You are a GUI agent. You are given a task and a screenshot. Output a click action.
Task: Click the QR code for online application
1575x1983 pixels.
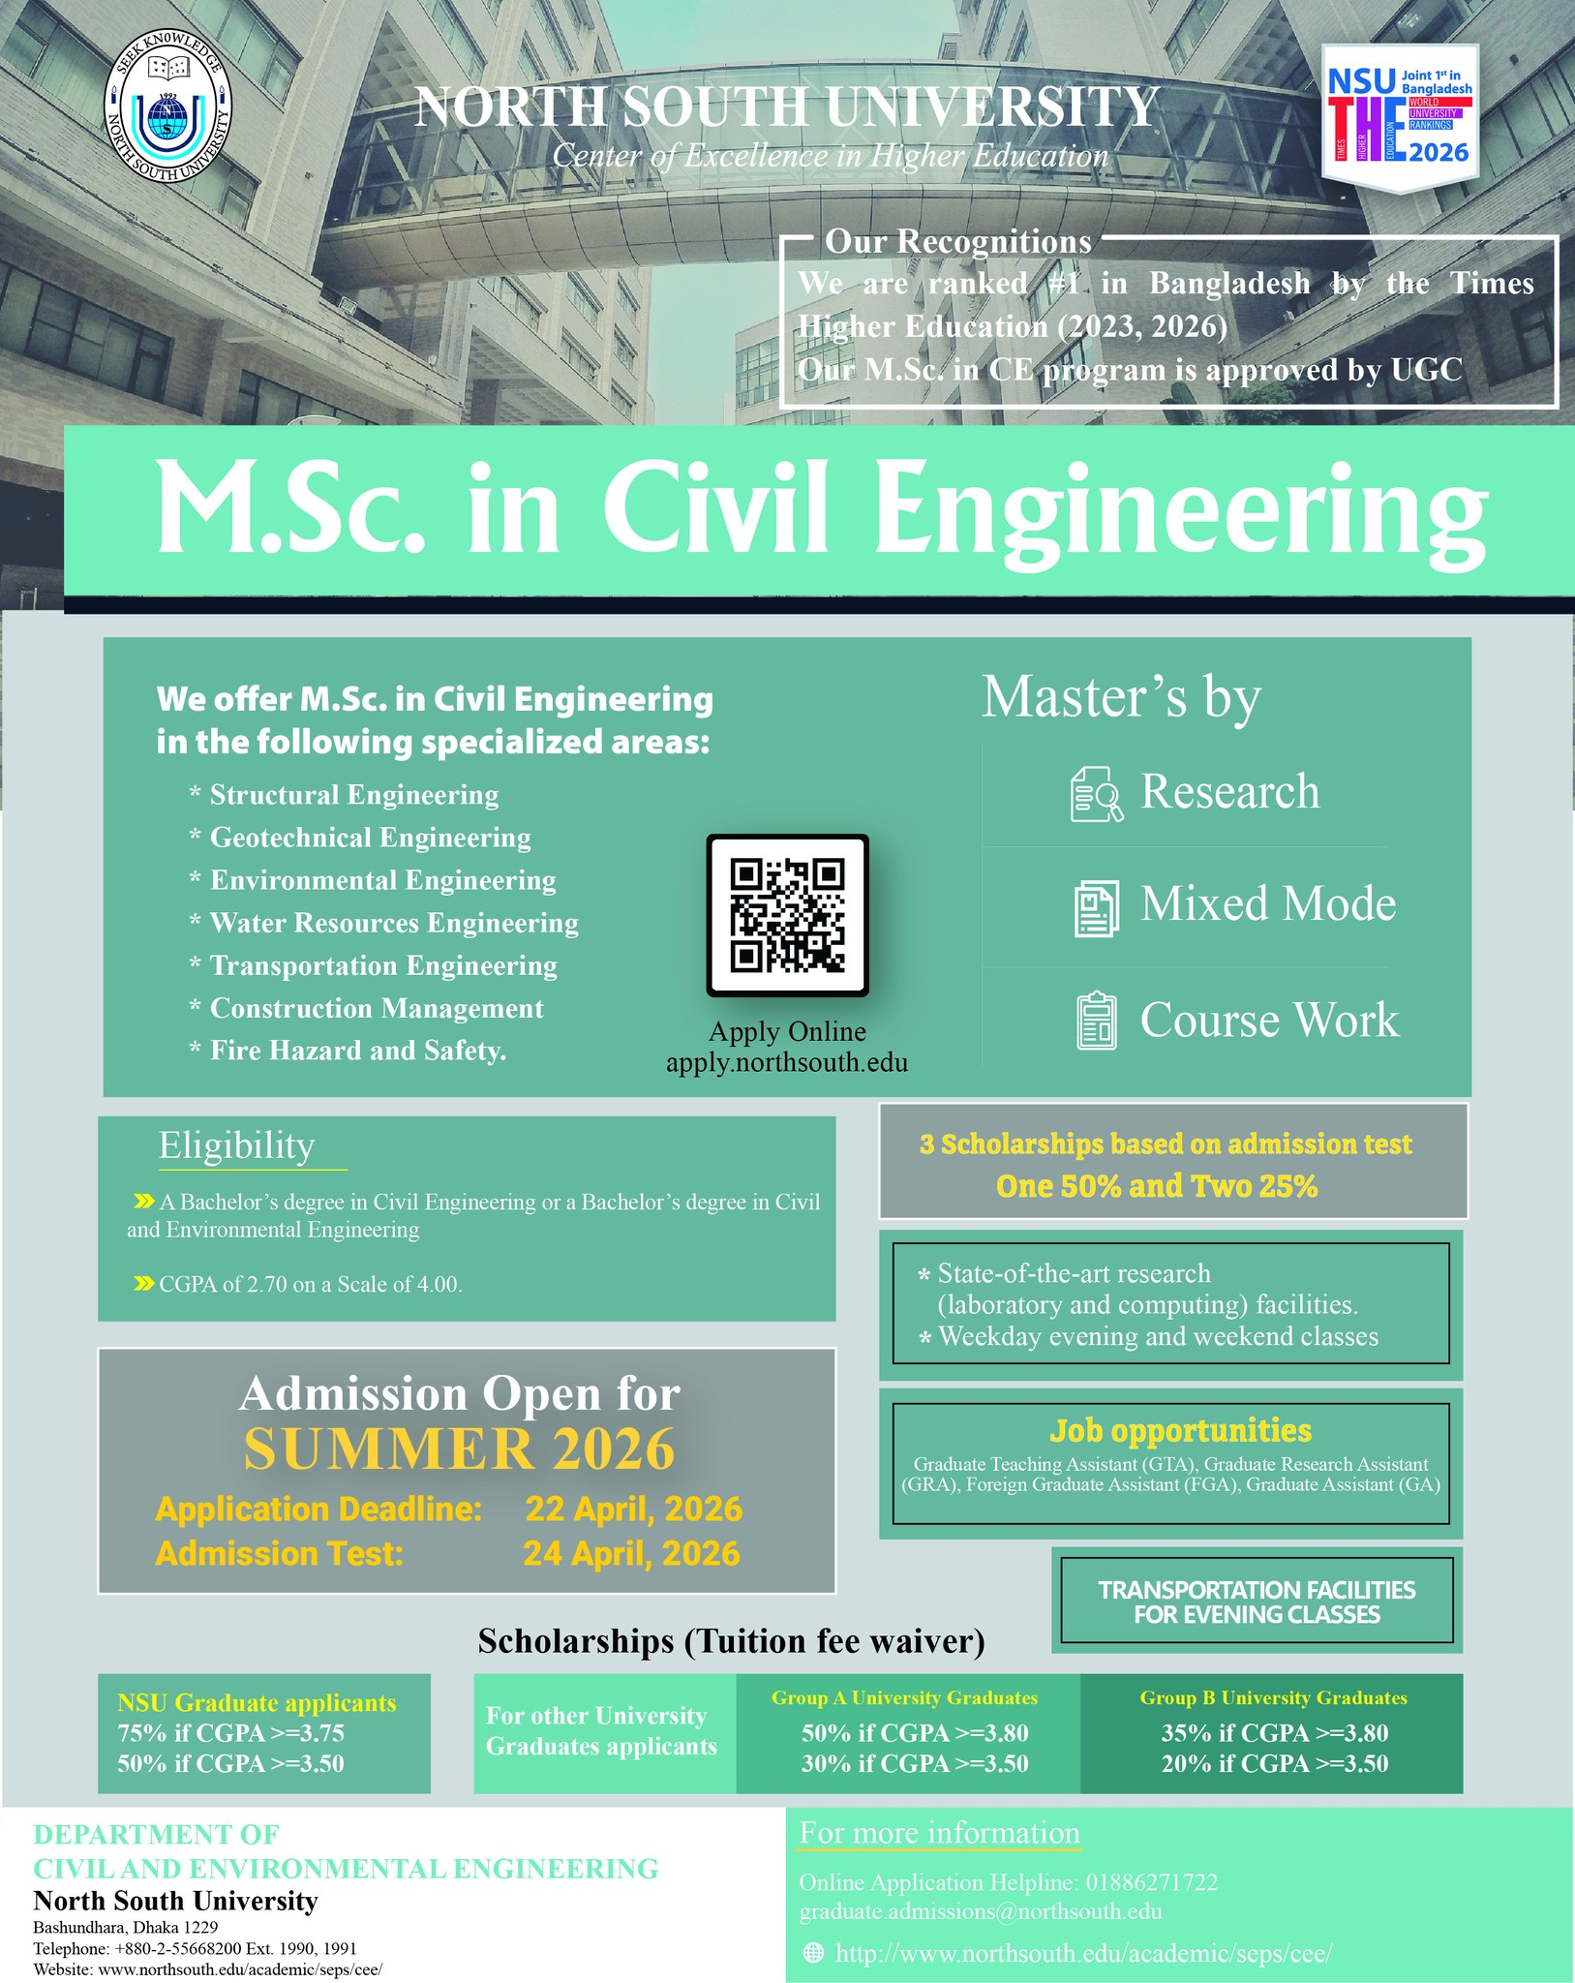pos(787,915)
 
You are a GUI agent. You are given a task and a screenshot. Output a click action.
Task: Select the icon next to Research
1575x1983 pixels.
pos(1096,794)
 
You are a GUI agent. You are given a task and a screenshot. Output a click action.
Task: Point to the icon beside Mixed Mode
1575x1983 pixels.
pos(1096,907)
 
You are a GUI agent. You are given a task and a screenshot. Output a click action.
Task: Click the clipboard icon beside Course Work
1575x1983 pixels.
pos(1096,1022)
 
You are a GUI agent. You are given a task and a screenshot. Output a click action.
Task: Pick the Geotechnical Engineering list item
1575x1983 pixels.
pos(370,838)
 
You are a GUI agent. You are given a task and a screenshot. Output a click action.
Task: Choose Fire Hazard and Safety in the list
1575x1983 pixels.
pos(358,1051)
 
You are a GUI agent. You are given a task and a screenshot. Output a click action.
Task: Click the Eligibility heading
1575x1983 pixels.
pos(237,1145)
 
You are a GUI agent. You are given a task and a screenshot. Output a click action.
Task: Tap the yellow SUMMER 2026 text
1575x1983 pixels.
pos(459,1449)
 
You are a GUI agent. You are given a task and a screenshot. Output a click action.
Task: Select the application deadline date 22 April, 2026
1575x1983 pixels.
pos(634,1510)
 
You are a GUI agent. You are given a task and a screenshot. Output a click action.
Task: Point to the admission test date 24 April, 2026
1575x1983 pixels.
pos(632,1554)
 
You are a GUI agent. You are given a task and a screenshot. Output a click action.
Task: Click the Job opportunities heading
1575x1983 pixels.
pos(1180,1431)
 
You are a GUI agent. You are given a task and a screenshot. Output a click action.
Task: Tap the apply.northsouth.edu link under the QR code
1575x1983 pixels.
pos(787,1063)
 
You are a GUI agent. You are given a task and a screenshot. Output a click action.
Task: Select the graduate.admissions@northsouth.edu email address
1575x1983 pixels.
pos(980,1911)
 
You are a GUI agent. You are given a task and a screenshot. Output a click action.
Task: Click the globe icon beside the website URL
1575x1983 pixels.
pos(815,1954)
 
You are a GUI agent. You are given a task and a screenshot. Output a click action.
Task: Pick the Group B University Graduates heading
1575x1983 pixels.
pos(1273,1698)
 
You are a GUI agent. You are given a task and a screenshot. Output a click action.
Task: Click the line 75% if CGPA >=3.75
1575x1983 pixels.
pos(230,1733)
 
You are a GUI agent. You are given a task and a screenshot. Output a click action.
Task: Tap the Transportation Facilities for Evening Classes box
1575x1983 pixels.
pos(1257,1602)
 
